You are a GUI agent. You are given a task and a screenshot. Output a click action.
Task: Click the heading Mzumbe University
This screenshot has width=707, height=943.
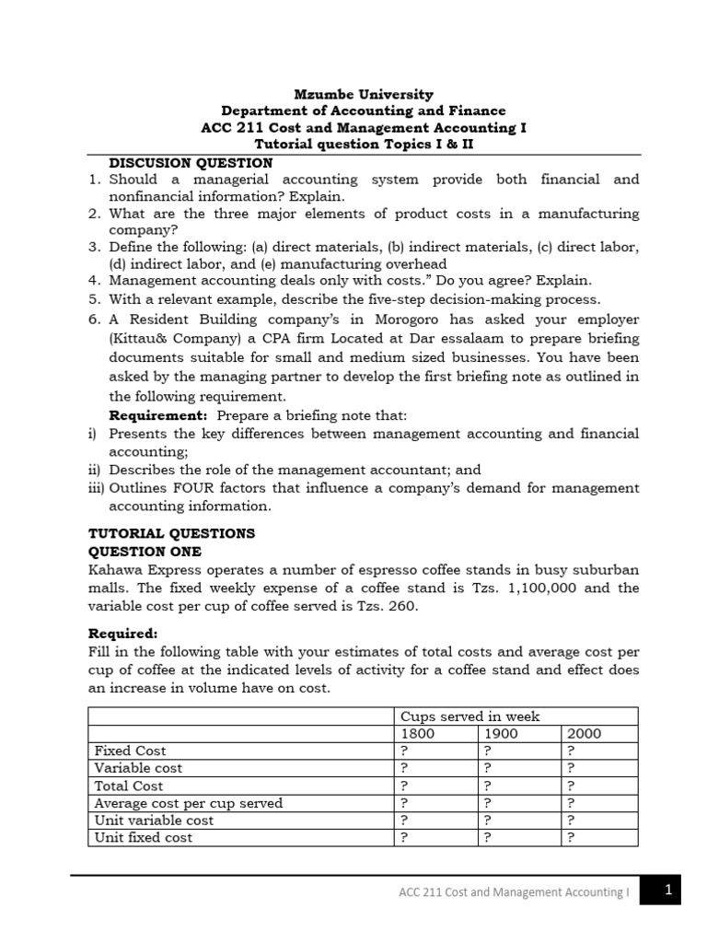(363, 94)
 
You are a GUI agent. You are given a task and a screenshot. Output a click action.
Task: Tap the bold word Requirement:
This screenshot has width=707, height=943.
(157, 415)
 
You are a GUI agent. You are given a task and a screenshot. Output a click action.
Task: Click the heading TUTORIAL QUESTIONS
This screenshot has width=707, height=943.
(171, 533)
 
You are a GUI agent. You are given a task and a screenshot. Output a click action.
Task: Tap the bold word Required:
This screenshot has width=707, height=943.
(122, 634)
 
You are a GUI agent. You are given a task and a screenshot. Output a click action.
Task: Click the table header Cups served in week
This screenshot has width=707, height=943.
(469, 716)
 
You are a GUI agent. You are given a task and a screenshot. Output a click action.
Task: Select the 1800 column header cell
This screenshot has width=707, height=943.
(416, 733)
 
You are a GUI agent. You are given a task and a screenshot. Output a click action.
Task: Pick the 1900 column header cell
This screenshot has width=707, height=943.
(502, 733)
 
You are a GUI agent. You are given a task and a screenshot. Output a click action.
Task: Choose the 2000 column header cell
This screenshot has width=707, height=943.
(585, 733)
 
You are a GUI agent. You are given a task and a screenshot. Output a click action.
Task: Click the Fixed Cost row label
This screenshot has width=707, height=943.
(131, 751)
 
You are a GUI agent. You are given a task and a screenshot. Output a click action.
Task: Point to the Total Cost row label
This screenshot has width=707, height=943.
(129, 786)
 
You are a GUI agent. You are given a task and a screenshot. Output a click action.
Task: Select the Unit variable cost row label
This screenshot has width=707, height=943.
(154, 820)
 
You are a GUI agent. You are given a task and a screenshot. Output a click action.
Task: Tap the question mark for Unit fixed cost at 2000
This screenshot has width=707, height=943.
(572, 837)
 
